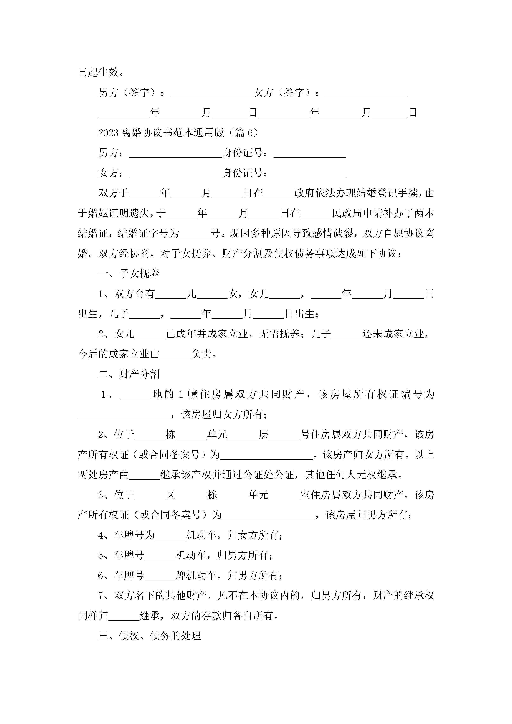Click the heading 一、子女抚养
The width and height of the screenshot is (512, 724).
click(x=129, y=273)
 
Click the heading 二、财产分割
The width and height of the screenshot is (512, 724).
click(x=129, y=374)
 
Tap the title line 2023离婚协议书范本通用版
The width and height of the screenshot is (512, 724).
click(x=178, y=132)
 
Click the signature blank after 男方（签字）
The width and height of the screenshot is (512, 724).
click(x=211, y=93)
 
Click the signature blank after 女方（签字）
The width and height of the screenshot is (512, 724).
click(x=366, y=93)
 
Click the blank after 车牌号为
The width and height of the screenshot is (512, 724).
click(x=170, y=535)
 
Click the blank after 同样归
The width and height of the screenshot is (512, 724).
click(x=124, y=615)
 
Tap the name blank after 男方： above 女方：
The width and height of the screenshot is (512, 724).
click(x=175, y=154)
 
